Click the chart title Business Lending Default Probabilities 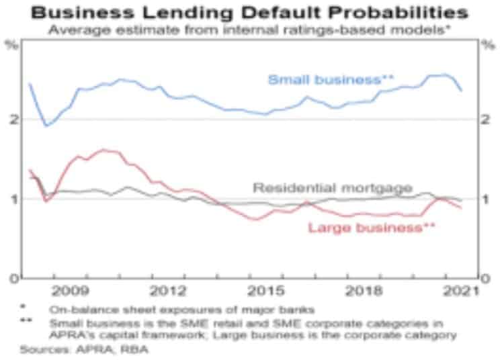pos(252,12)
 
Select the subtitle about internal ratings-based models pos(251,29)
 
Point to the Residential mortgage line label pos(332,187)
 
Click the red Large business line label pos(372,227)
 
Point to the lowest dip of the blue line pos(46,126)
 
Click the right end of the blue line pos(461,91)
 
